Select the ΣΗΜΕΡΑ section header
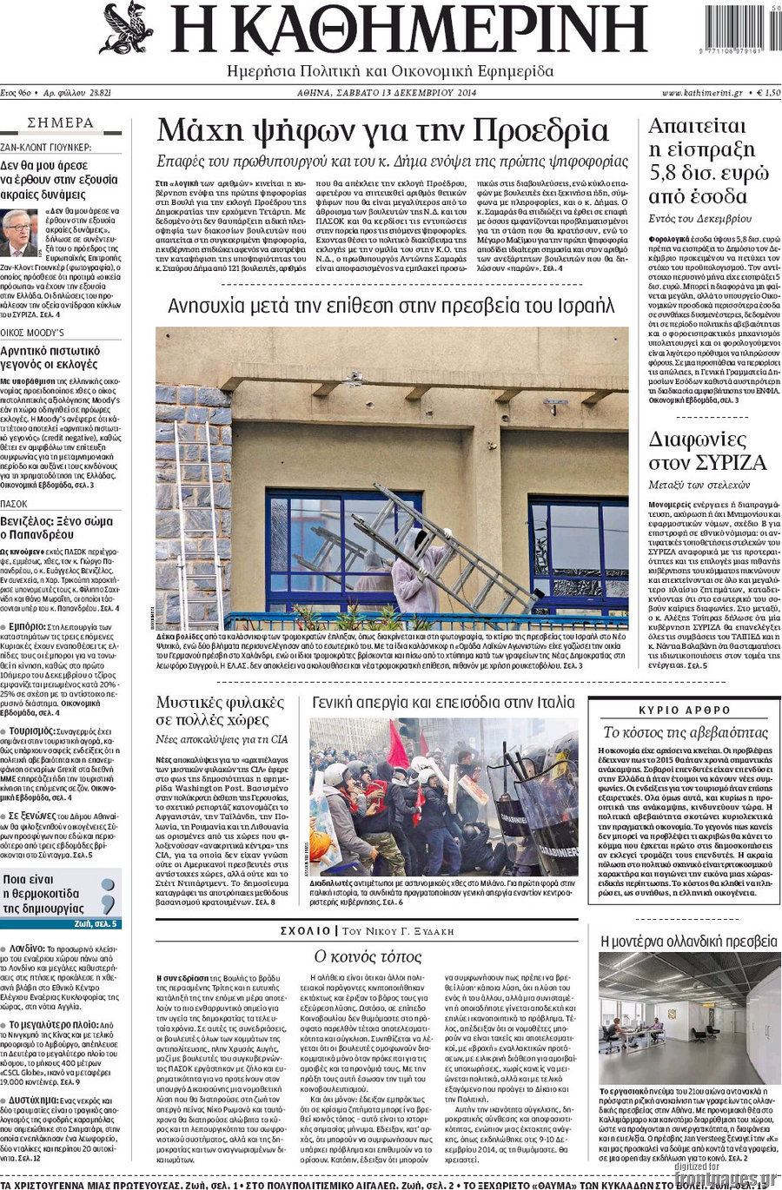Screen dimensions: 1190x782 tap(61, 123)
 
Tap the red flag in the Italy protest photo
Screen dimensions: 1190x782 tap(397, 745)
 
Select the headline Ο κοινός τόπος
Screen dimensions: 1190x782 tap(367, 956)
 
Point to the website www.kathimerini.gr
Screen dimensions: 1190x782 tap(701, 92)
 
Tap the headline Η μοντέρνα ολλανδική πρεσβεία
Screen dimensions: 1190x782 tap(689, 941)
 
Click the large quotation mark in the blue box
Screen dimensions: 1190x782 tap(108, 895)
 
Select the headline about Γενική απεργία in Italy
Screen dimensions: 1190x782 tap(443, 702)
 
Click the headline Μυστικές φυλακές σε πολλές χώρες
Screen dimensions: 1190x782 tap(220, 711)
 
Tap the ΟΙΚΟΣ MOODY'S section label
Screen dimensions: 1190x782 tap(32, 333)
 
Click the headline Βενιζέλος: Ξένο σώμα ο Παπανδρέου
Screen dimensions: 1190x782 tap(56, 527)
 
